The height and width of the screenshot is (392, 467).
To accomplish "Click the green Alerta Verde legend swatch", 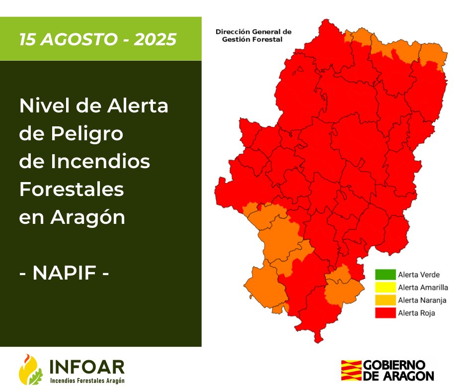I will tap(385, 274).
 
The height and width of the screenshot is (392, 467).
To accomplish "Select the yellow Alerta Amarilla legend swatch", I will tap(385, 287).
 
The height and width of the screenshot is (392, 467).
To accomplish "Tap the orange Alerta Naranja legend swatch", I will tap(385, 300).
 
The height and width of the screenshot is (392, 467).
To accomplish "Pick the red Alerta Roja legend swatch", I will tap(385, 313).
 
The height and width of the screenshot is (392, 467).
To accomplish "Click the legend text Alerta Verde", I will tap(419, 274).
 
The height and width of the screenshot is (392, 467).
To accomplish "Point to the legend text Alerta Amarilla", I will tap(423, 287).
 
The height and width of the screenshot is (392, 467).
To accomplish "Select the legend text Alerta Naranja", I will tap(422, 300).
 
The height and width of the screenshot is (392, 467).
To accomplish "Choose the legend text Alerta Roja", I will tap(416, 313).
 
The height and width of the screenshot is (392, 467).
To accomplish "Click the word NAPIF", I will tap(64, 273).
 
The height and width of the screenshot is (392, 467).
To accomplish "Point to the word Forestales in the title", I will tap(71, 190).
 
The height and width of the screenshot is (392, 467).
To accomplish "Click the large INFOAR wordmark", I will tap(87, 367).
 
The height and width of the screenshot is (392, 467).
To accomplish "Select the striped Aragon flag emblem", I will tap(351, 370).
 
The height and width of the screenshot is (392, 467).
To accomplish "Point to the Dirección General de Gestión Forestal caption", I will tap(253, 35).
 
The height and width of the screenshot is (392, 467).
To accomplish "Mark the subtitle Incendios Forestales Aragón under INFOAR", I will tap(87, 381).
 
